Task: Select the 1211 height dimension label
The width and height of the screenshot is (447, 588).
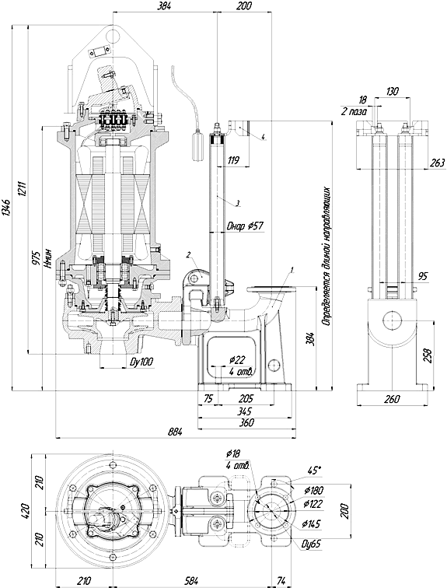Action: (x=21, y=191)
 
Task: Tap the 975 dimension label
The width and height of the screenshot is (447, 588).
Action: (x=37, y=257)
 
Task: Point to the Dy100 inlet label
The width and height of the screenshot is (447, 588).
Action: (x=141, y=362)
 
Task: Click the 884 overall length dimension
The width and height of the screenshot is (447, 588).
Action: (x=176, y=432)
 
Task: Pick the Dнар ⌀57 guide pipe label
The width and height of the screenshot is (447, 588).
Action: (x=245, y=226)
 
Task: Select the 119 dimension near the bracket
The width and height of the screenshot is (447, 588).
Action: (x=233, y=160)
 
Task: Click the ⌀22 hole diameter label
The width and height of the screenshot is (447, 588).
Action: (x=237, y=361)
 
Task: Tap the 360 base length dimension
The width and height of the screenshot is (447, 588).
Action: (x=246, y=422)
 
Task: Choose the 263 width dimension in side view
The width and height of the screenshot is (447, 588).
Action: (x=437, y=163)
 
